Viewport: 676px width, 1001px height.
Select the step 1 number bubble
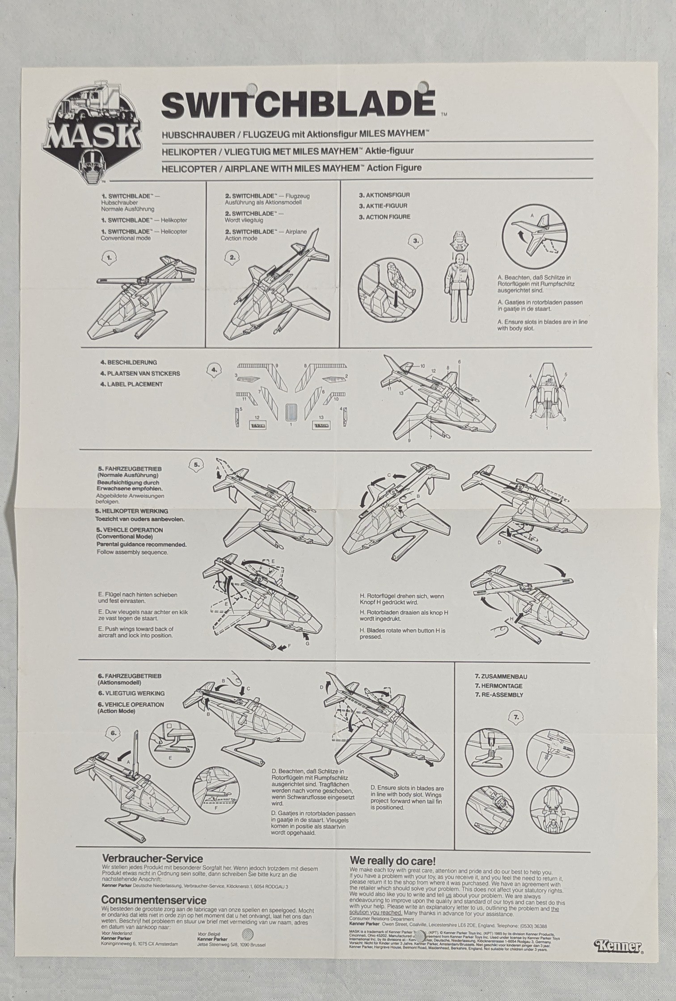pyautogui.click(x=109, y=257)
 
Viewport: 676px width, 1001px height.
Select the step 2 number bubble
pyautogui.click(x=232, y=257)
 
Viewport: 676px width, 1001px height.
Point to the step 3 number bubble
pyautogui.click(x=416, y=241)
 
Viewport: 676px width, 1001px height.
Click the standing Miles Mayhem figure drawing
pyautogui.click(x=459, y=286)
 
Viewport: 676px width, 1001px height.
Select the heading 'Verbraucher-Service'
pyautogui.click(x=152, y=858)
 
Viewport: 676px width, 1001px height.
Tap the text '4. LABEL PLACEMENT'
pyautogui.click(x=131, y=384)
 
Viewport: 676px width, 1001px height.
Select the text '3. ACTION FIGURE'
pyautogui.click(x=384, y=217)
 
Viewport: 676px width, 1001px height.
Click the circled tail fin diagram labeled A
pyautogui.click(x=534, y=236)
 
